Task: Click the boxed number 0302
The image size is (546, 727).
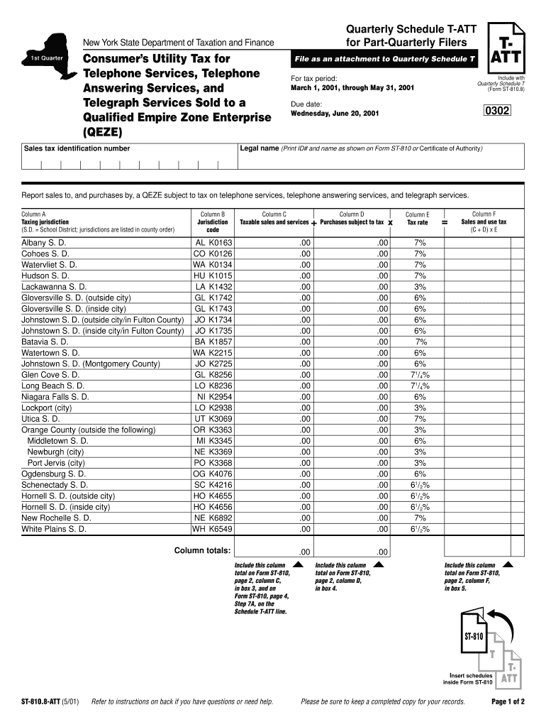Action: tap(497, 111)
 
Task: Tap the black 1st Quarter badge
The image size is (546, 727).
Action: tap(46, 58)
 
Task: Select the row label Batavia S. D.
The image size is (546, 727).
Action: tap(45, 341)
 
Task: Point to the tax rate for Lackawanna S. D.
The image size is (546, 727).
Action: tap(420, 286)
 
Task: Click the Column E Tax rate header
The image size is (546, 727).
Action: tap(417, 218)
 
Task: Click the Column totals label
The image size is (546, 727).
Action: tap(202, 550)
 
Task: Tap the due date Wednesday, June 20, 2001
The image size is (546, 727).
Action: tap(330, 113)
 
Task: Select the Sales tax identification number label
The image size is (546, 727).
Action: tap(77, 148)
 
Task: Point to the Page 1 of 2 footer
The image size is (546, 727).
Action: tap(508, 701)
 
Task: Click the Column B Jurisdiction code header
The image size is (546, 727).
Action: tap(213, 222)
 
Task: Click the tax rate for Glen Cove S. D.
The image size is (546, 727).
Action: tap(420, 375)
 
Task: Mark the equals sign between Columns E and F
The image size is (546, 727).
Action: tap(445, 222)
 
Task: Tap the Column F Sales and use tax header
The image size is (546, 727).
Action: tap(484, 222)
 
